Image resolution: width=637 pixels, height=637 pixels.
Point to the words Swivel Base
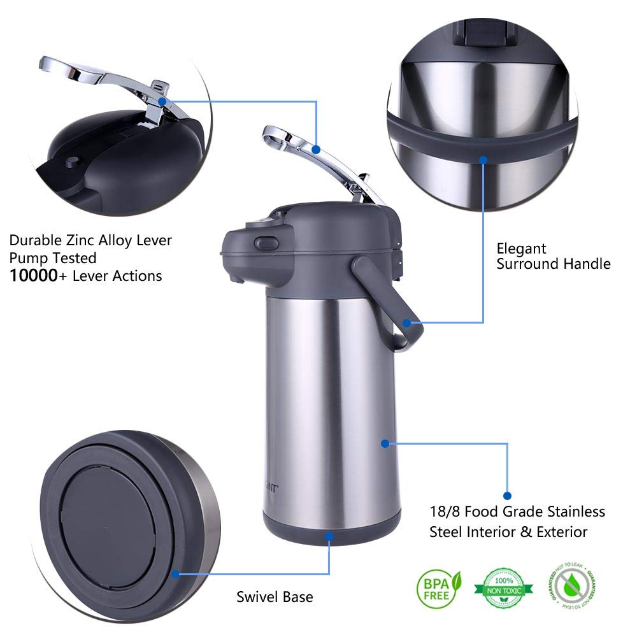tap(275, 597)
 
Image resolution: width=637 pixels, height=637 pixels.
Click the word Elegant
tap(522, 248)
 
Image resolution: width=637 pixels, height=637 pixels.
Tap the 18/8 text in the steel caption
tap(447, 512)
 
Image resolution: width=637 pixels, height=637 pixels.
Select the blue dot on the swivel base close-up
tap(175, 573)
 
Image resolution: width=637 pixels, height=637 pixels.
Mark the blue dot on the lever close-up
tap(163, 101)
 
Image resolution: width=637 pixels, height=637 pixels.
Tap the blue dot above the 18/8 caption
tap(508, 495)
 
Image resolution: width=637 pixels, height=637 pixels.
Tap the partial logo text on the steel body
tap(271, 489)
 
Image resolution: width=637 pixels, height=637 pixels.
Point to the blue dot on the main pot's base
tap(329, 537)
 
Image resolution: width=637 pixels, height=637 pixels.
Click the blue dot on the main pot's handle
tap(406, 324)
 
